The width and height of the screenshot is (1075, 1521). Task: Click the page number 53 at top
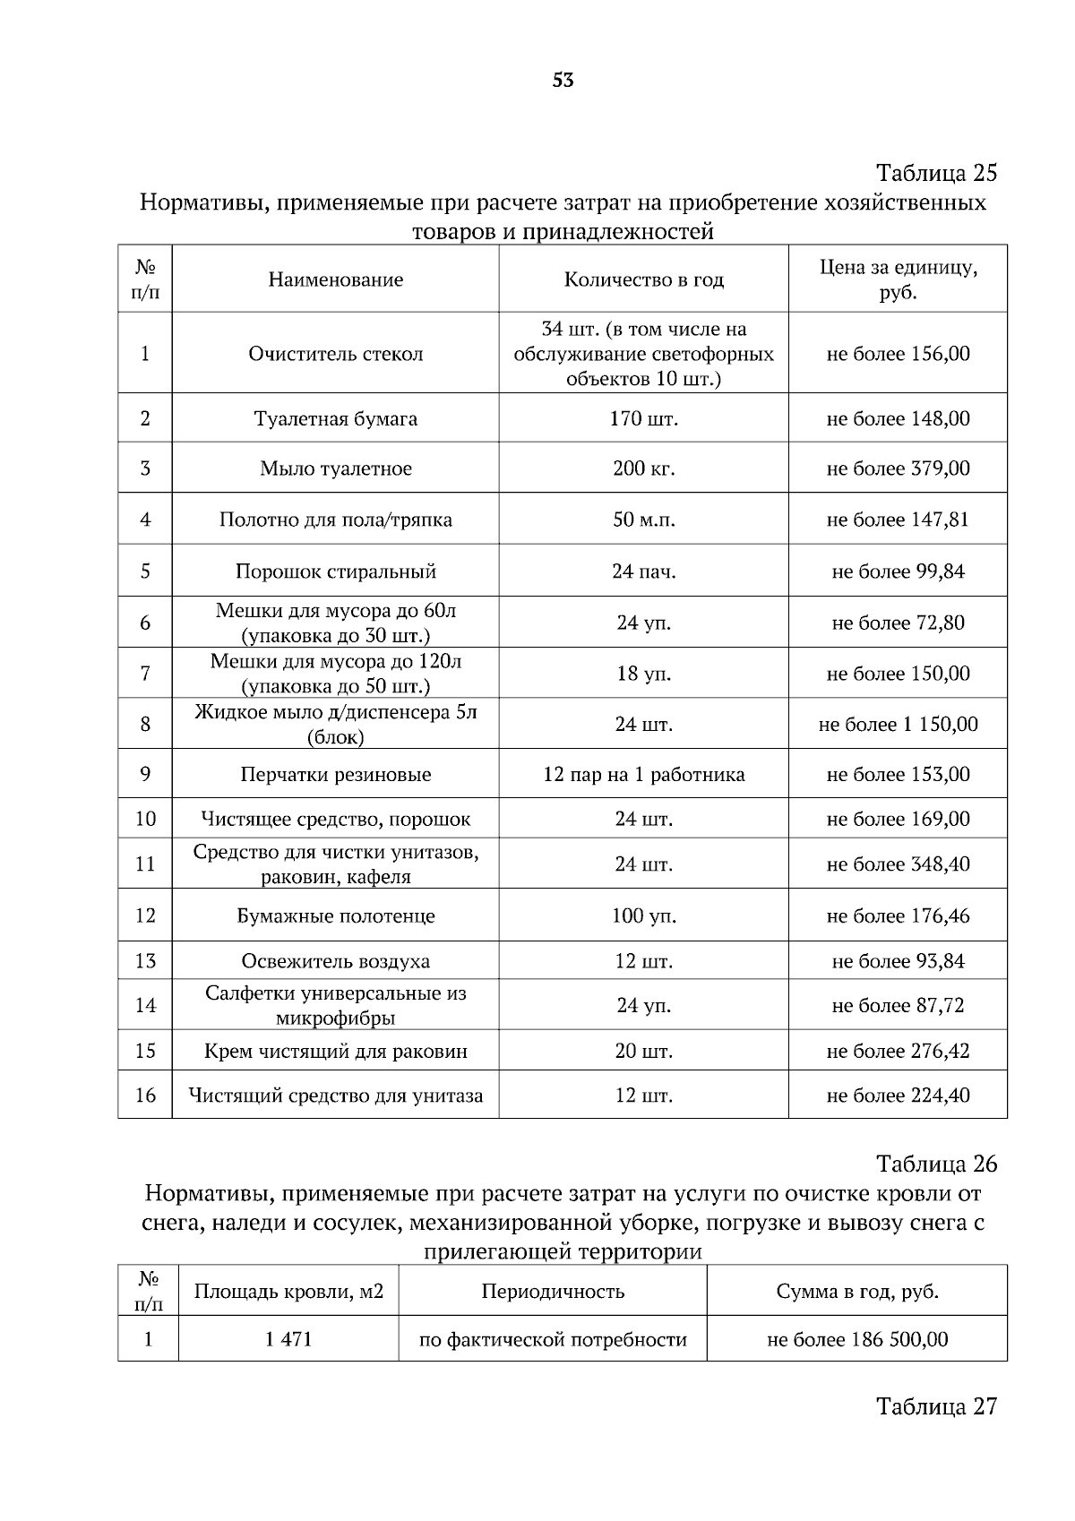coord(563,81)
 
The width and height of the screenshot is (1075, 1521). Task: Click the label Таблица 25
coord(936,172)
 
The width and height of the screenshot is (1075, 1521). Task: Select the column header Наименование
coord(335,279)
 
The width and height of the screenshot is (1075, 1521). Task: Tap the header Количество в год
coord(643,279)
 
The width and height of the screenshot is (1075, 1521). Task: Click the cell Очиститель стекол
coord(335,354)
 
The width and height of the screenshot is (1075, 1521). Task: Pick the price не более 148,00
coord(898,418)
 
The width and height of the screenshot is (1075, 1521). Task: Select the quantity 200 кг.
coord(643,468)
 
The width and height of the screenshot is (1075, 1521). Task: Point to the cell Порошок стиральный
coord(335,571)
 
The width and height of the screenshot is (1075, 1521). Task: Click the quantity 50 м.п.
coord(643,520)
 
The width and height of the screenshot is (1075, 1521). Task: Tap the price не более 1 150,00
coord(898,724)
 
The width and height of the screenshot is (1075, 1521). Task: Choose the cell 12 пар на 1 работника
coord(643,775)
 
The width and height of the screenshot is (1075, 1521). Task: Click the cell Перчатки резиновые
coord(335,775)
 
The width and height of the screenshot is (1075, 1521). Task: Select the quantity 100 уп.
coord(643,915)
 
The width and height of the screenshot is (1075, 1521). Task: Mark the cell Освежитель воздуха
coord(335,961)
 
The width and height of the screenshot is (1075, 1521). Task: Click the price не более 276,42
coord(898,1051)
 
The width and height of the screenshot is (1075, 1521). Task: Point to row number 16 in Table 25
coord(145,1096)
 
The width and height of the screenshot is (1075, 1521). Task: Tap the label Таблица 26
coord(936,1164)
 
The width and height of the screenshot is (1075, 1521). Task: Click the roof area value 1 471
coord(288,1340)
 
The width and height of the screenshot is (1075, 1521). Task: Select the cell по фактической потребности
coord(553,1340)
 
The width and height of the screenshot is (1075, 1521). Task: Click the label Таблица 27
coord(936,1406)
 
